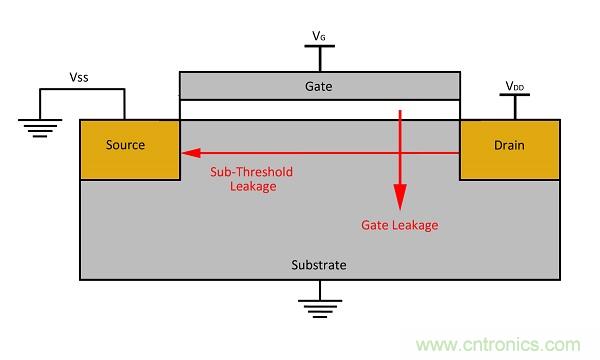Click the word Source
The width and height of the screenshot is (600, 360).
click(125, 145)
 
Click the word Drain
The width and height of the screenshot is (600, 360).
click(509, 145)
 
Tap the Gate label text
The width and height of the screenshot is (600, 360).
click(318, 86)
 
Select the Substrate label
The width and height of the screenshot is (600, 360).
click(319, 265)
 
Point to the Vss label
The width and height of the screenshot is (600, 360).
click(79, 77)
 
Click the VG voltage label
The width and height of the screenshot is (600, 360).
click(319, 36)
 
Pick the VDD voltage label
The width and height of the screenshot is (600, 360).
click(514, 86)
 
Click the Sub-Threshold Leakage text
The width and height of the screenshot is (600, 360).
click(251, 179)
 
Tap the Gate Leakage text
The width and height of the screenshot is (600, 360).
click(399, 225)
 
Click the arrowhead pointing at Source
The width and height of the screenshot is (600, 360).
click(191, 153)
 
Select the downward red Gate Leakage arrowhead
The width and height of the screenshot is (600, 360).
click(400, 197)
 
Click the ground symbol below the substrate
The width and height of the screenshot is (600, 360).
click(320, 309)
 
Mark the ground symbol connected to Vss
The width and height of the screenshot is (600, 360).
click(40, 128)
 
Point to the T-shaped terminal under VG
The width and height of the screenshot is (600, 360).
click(320, 58)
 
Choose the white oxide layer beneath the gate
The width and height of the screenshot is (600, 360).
click(320, 110)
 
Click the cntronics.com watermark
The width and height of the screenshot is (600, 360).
click(498, 345)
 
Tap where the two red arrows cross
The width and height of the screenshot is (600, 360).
click(400, 153)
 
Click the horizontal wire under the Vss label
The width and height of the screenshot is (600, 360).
click(82, 90)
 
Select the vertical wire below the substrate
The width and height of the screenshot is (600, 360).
click(320, 290)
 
